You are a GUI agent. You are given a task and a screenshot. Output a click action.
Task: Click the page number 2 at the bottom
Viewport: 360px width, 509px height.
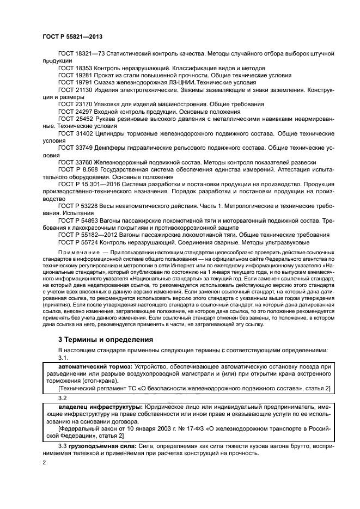(44, 462)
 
